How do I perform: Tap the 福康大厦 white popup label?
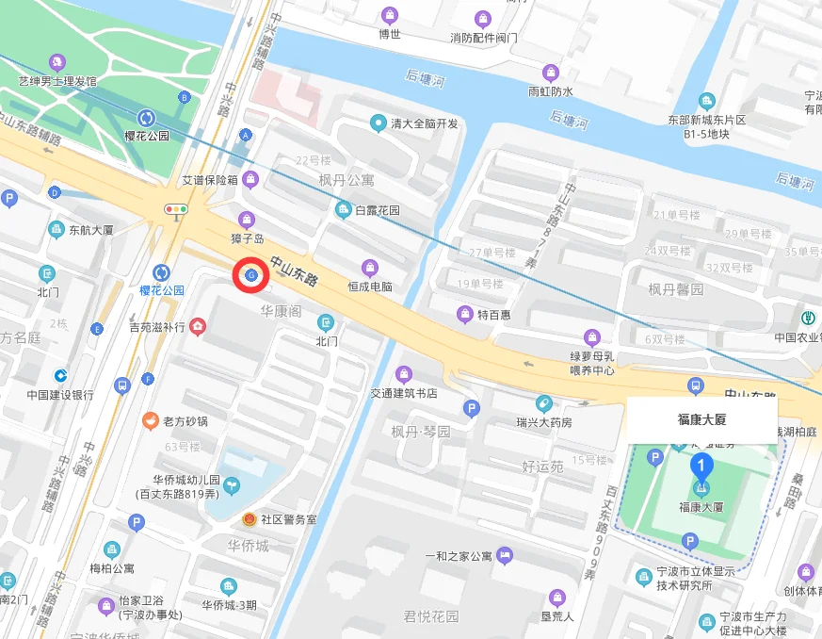[x=702, y=419]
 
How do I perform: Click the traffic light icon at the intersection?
[x=176, y=209]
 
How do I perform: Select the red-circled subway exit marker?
[x=251, y=275]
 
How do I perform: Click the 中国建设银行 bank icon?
[x=60, y=376]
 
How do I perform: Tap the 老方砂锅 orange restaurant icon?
[x=149, y=420]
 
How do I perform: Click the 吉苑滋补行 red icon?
[x=198, y=327]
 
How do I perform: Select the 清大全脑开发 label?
[x=425, y=123]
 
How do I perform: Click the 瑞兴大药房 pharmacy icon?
[x=543, y=403]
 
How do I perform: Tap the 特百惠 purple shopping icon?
[x=464, y=314]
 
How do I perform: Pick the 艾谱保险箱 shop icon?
[x=250, y=179]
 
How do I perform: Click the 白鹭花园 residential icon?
[x=343, y=209]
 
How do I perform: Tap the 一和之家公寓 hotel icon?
[x=505, y=554]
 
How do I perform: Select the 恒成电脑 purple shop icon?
[x=370, y=267]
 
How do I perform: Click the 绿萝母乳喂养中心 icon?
[x=591, y=336]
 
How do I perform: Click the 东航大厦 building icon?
[x=56, y=230]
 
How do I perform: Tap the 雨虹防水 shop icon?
[x=550, y=73]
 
